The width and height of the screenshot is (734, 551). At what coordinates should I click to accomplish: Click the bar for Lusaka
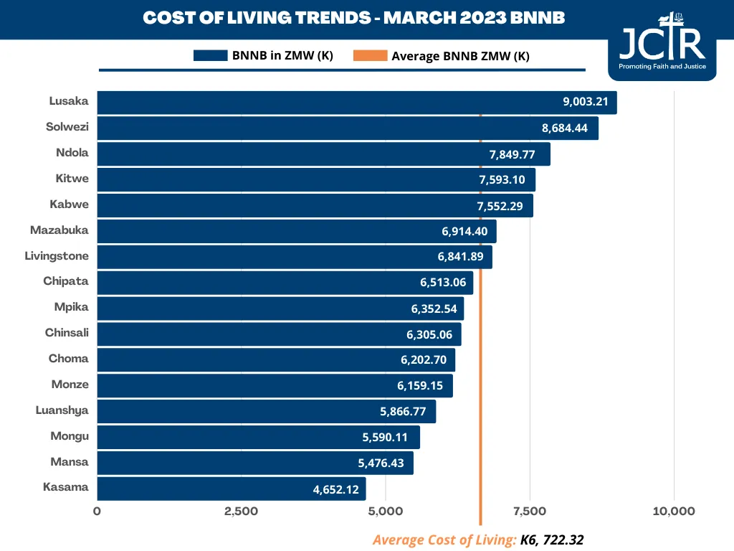pos(356,102)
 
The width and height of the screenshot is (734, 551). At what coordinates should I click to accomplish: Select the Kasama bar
pos(231,489)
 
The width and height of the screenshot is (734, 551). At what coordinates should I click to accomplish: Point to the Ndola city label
pos(72,153)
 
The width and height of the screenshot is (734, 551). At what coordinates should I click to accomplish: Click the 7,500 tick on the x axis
pos(529,512)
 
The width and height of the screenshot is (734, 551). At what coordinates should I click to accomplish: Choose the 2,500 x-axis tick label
pos(241,512)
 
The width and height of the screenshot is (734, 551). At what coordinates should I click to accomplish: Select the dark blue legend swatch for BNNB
pos(210,55)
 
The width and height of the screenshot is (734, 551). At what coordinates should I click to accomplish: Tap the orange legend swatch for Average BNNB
pos(370,55)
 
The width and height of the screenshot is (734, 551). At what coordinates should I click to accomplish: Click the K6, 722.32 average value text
pos(551,540)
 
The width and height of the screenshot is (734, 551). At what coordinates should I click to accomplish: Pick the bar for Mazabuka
pos(296,231)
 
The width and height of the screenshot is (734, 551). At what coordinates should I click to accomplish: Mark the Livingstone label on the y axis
pos(57,256)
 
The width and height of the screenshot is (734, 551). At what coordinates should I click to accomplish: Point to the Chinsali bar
pos(279,334)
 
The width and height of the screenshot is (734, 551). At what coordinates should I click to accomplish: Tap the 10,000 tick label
pos(673,512)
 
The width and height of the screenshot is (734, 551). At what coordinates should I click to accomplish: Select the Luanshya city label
pos(62,410)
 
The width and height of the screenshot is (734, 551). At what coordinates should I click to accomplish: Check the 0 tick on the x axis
pos(97,512)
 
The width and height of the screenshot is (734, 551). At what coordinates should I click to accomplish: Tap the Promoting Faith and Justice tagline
pos(662,67)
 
